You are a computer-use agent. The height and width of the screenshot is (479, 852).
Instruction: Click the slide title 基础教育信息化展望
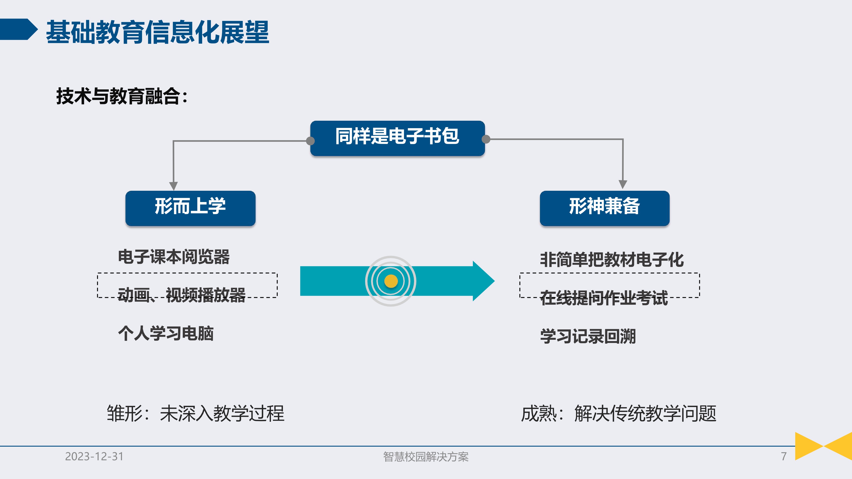point(157,32)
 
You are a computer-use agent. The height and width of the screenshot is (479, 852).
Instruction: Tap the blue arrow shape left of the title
point(18,29)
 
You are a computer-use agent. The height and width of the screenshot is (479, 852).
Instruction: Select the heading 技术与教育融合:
point(122,96)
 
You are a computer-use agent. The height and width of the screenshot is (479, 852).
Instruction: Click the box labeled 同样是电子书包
point(397,138)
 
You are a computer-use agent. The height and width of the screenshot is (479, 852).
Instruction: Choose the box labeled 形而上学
point(190,208)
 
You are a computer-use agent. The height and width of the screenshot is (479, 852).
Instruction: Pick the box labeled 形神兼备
point(604,208)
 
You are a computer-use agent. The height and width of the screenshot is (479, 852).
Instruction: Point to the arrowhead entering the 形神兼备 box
point(623,184)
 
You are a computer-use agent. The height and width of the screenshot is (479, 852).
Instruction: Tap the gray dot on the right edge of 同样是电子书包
point(486,139)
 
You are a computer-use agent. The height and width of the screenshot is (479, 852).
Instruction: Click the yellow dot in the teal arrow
point(391,281)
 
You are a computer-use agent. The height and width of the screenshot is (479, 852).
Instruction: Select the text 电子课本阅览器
point(174,257)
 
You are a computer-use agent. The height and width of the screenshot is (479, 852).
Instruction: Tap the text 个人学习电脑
point(166,333)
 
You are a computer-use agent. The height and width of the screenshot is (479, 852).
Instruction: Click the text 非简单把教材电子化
point(612,260)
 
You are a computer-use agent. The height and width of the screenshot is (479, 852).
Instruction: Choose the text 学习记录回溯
point(588,336)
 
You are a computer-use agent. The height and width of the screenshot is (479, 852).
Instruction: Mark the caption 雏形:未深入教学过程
point(195,413)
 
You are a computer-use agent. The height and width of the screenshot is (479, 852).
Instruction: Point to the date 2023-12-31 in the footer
point(94,456)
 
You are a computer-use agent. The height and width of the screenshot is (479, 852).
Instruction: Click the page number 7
point(784,456)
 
